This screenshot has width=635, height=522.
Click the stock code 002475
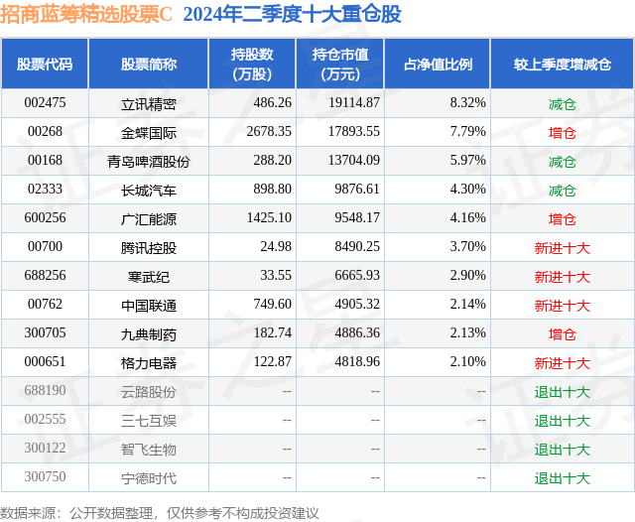(x=46, y=102)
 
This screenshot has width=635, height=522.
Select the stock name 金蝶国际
(x=149, y=131)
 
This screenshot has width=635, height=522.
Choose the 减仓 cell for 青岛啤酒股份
(x=562, y=161)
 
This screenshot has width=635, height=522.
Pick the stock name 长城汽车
(x=149, y=190)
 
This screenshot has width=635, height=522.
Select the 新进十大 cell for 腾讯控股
(x=562, y=248)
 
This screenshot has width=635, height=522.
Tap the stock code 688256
(x=46, y=277)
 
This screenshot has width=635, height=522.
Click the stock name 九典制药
(x=149, y=334)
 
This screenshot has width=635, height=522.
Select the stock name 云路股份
(x=149, y=392)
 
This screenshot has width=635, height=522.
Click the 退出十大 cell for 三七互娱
(x=562, y=421)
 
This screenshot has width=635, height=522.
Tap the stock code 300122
(x=46, y=450)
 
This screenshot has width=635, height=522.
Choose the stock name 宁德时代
(x=149, y=478)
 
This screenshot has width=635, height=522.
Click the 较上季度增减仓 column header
(x=562, y=64)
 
